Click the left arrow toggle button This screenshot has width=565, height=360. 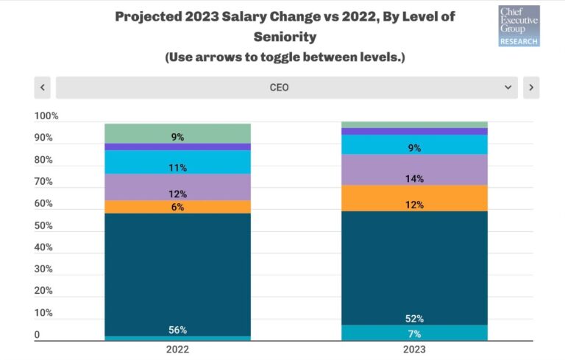(42, 88)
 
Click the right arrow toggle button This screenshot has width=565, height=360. (531, 88)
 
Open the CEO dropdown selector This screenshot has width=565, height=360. (286, 88)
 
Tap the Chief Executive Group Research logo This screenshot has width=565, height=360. (519, 26)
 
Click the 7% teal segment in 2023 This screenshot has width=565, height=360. (414, 333)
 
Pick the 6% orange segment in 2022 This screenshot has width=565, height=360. (177, 207)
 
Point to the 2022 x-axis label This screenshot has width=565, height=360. (177, 350)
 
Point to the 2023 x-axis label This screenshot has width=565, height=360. (414, 350)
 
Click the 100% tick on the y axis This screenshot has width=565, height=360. (46, 116)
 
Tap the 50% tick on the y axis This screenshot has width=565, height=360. (44, 225)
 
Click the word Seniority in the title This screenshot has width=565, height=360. (286, 35)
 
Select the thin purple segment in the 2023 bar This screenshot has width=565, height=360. (414, 131)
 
